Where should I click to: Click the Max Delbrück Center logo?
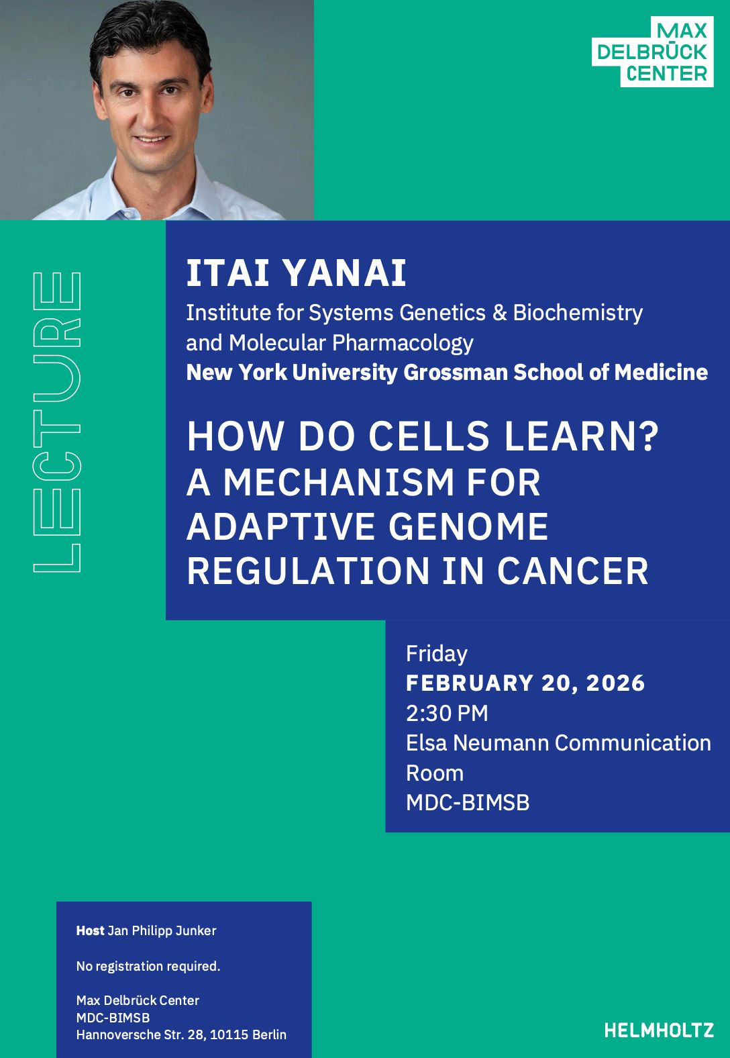point(653,52)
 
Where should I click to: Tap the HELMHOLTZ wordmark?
point(659,1030)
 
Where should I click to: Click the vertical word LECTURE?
point(57,422)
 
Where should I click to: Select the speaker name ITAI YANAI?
point(296,273)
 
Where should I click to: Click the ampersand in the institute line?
point(500,313)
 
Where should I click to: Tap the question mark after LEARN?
point(651,436)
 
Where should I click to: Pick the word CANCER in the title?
point(573,571)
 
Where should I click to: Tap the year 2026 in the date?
point(616,683)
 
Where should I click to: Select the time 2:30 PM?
point(447,713)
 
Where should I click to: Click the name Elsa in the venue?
point(426,743)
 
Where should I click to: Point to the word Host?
point(90,930)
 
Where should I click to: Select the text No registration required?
point(148,966)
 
